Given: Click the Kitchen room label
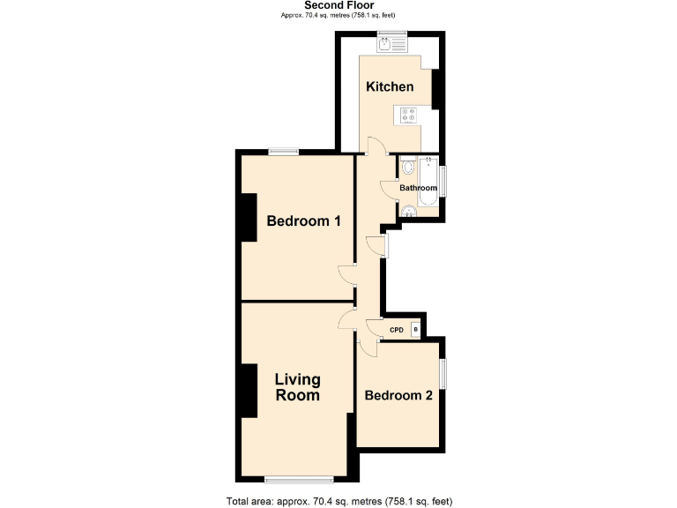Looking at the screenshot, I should (x=390, y=86).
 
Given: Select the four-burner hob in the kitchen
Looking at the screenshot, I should (x=410, y=114).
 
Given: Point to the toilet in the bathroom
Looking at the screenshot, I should (x=407, y=167).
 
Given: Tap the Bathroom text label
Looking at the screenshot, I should (x=418, y=189).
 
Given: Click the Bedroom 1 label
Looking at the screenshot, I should (x=303, y=220).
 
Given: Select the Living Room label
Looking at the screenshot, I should (x=297, y=387).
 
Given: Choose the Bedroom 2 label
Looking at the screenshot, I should (x=398, y=395).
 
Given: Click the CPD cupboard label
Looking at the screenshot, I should (x=397, y=331).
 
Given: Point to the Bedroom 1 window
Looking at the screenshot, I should (x=282, y=152).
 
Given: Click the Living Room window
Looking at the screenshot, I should (x=299, y=480).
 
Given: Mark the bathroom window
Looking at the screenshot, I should (x=443, y=181).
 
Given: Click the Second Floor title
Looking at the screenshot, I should (x=338, y=5).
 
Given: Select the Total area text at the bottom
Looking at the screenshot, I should (x=338, y=501).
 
